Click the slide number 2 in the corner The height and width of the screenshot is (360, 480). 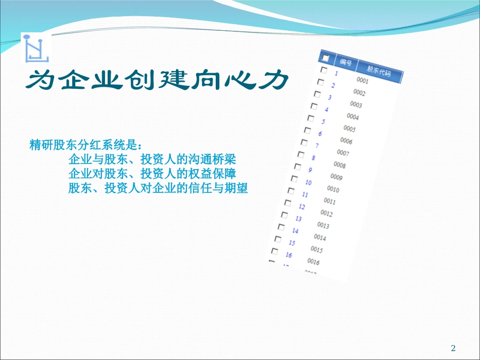[x=453, y=348]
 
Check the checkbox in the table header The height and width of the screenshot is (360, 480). [x=325, y=58]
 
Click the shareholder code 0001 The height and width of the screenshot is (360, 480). [x=362, y=81]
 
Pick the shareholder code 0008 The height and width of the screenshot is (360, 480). [x=340, y=165]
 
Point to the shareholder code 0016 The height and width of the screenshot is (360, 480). [x=313, y=262]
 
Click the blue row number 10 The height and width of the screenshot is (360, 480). [x=308, y=182]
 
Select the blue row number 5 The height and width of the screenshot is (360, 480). [x=323, y=122]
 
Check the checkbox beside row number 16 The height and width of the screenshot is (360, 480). [x=275, y=251]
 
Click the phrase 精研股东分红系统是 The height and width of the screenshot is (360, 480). [x=83, y=146]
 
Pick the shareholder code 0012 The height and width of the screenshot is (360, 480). [x=326, y=214]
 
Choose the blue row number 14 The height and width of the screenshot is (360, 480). [x=295, y=231]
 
